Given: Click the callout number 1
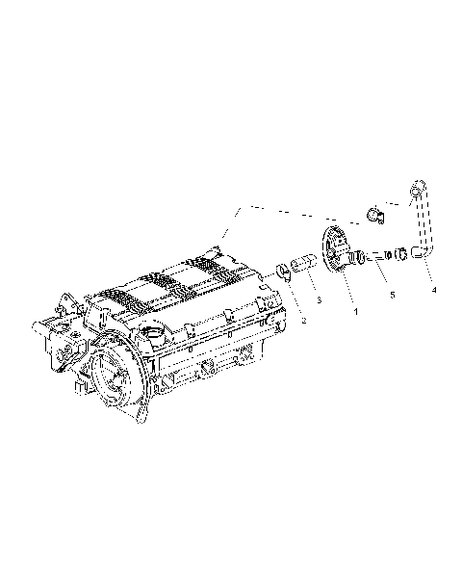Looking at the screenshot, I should point(355,311).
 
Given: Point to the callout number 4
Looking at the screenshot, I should point(433,289).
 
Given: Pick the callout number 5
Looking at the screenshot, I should point(390,293).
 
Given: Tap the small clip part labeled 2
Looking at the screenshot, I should point(283,269).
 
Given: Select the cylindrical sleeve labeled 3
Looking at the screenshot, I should point(302,261).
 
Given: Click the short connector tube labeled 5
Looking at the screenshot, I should point(376,256).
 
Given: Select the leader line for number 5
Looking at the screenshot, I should point(384,277).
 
